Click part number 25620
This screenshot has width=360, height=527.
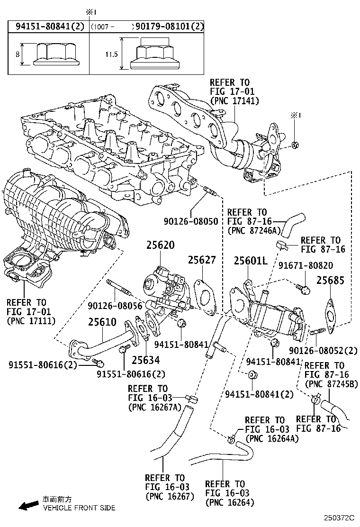pyautogui.click(x=160, y=245)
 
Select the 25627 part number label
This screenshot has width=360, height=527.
pyautogui.click(x=201, y=260)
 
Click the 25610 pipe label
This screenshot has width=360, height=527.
pyautogui.click(x=102, y=322)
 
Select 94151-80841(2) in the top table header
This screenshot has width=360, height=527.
pyautogui.click(x=48, y=27)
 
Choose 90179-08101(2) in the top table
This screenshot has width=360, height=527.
pyautogui.click(x=169, y=27)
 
